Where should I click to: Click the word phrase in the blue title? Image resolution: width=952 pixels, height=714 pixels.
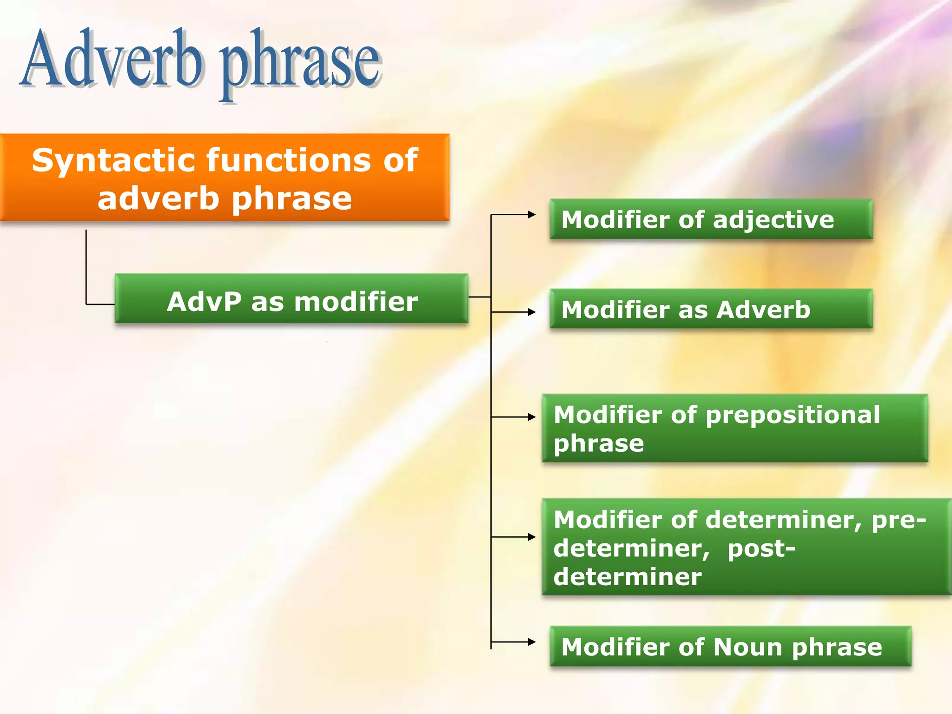(x=300, y=65)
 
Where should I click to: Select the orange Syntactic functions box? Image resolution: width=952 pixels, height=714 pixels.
(x=225, y=177)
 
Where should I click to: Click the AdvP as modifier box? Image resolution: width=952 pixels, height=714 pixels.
(x=291, y=298)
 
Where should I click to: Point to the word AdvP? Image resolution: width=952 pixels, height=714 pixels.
(x=204, y=302)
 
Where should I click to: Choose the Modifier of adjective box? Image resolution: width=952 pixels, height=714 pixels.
(x=711, y=219)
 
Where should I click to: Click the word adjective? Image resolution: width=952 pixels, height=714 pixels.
(x=773, y=220)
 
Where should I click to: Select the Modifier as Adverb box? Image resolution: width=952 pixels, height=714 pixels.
(x=711, y=309)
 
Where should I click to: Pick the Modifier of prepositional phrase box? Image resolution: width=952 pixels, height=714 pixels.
(x=734, y=428)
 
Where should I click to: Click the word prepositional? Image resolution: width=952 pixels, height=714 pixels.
(x=793, y=415)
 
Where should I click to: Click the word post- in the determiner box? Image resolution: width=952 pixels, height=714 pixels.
(x=761, y=549)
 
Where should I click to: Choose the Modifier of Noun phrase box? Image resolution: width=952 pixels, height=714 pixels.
(x=730, y=646)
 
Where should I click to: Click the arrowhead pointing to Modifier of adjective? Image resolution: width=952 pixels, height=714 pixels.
(x=532, y=215)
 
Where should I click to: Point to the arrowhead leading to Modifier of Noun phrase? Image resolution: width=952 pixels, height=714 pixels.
(x=532, y=642)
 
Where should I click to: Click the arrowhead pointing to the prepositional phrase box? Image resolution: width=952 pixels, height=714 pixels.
(x=532, y=417)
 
